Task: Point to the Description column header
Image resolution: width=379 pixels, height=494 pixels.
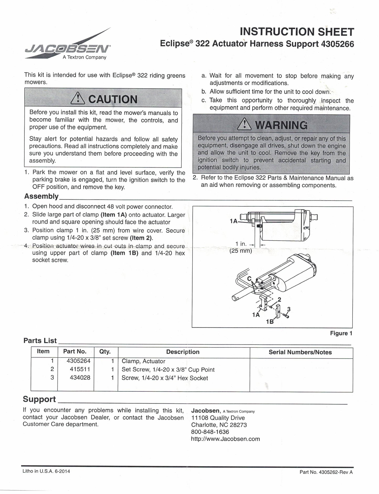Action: click(x=183, y=352)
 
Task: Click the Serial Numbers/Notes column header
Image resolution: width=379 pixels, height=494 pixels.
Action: click(x=300, y=352)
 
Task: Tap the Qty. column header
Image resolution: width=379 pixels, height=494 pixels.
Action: click(x=105, y=352)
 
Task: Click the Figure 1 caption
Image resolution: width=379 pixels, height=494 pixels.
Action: click(x=341, y=333)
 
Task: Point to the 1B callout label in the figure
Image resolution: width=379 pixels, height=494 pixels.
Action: click(x=270, y=322)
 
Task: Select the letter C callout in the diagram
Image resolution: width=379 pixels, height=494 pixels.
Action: click(x=249, y=278)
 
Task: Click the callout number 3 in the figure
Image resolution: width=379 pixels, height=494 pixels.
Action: click(x=289, y=309)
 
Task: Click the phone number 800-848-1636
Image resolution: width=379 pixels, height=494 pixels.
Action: click(x=210, y=432)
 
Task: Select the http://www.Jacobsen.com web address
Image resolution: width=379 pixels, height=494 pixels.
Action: click(x=226, y=439)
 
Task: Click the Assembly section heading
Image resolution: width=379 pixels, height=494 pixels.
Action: click(x=41, y=196)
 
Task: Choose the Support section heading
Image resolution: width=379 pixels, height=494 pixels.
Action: click(x=39, y=399)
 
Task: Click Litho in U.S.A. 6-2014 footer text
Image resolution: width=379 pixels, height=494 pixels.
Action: click(x=46, y=471)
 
